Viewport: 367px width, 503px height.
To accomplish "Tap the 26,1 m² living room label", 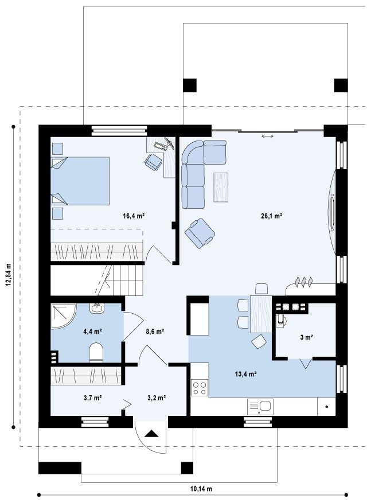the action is (x=271, y=216).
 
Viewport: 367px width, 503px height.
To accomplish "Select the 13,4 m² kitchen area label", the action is (x=245, y=374).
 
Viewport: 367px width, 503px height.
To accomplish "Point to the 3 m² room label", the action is (x=307, y=337).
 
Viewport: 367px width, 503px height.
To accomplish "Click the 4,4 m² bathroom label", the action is (x=93, y=331).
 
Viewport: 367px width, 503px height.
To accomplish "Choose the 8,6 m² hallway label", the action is (x=155, y=331).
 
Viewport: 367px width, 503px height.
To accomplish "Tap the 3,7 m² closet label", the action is (x=93, y=398).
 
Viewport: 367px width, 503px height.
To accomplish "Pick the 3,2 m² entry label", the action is (x=156, y=398).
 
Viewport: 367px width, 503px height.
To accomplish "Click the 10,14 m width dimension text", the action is (x=201, y=489).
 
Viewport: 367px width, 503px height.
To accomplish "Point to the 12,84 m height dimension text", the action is (x=9, y=275).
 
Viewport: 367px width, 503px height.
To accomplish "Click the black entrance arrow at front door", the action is (x=151, y=434).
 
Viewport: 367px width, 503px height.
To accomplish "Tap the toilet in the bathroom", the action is (x=96, y=352).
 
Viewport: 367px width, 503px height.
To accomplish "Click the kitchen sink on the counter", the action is (x=260, y=407).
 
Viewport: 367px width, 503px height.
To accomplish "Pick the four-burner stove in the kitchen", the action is (x=200, y=388).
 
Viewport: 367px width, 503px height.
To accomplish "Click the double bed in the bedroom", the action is (x=80, y=181).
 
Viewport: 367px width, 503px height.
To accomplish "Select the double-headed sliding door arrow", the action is (x=268, y=137).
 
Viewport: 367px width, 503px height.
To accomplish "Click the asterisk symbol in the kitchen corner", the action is (x=327, y=407).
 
